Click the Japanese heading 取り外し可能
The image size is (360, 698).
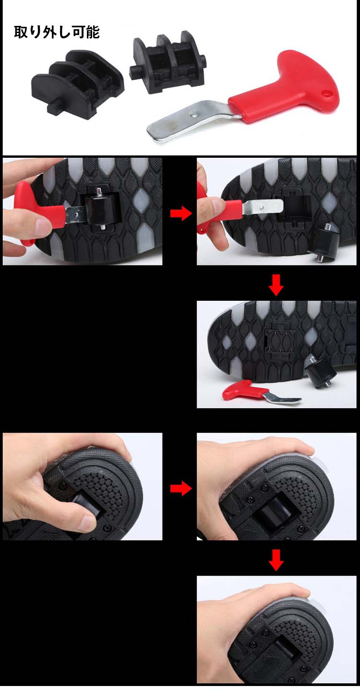pyautogui.click(x=57, y=32)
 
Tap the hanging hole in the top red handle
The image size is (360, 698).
pyautogui.click(x=327, y=93)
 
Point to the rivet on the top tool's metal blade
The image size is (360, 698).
pyautogui.click(x=194, y=114)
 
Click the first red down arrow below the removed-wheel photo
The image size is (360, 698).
pyautogui.click(x=276, y=284)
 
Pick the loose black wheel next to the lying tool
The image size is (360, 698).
pyautogui.click(x=320, y=371)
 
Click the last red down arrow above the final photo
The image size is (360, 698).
pyautogui.click(x=276, y=560)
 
